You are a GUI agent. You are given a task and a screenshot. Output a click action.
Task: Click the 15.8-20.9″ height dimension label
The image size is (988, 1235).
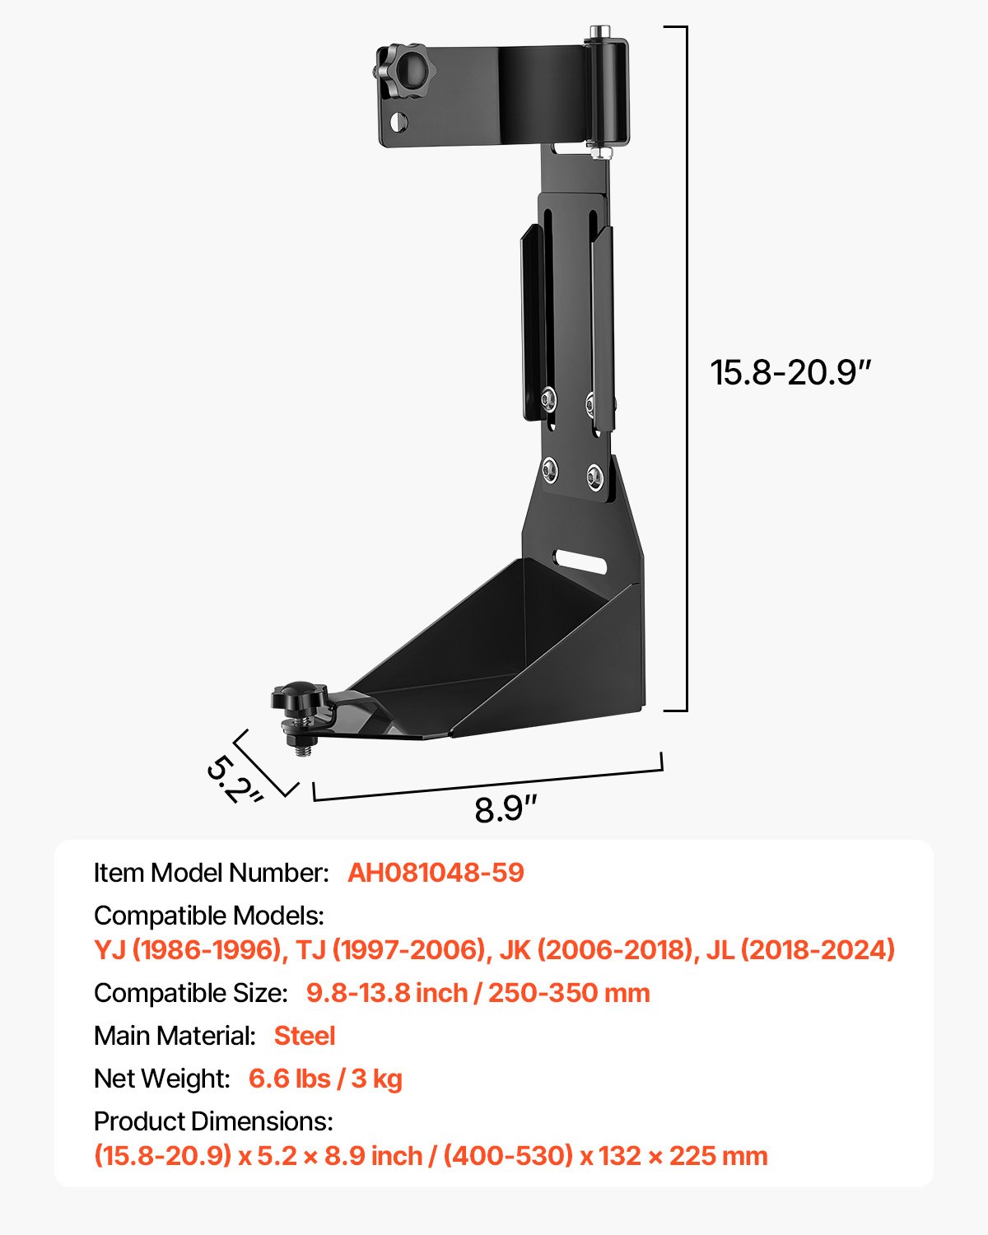[790, 372]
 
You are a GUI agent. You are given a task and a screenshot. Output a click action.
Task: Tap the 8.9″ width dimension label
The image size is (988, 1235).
[506, 809]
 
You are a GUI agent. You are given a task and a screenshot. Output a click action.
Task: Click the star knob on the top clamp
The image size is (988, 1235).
[401, 72]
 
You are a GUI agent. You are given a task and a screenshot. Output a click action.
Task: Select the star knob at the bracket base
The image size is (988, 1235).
[296, 701]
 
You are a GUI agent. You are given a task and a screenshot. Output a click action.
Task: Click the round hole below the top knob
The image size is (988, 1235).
[398, 123]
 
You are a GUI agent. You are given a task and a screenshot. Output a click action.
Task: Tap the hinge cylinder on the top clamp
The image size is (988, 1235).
[607, 91]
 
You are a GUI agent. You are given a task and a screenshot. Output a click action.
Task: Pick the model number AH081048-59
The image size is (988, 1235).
[436, 873]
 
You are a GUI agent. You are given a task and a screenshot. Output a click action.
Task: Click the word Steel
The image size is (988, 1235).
[305, 1036]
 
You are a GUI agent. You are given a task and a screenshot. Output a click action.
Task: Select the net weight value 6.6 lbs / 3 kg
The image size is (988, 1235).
[325, 1079]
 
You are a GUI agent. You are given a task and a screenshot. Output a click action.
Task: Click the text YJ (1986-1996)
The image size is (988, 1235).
[188, 950]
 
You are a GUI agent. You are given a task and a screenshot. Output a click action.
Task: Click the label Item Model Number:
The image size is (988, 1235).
[212, 873]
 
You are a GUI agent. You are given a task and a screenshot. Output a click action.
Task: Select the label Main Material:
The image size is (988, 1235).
[175, 1036]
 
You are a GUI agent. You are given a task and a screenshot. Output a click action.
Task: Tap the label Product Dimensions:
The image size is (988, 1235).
[213, 1121]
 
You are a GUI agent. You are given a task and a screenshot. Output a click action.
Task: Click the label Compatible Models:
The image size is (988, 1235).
[209, 916]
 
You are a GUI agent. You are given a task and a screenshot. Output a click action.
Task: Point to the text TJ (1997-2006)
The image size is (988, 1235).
[391, 950]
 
